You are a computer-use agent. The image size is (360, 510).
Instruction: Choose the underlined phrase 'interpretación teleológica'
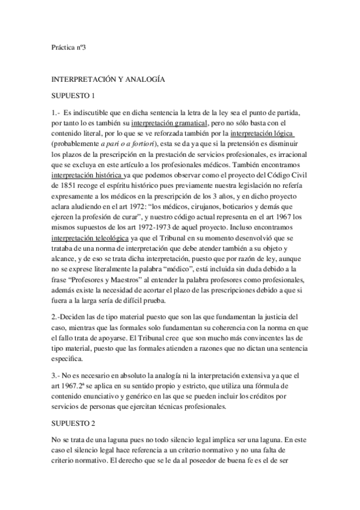click(89, 239)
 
